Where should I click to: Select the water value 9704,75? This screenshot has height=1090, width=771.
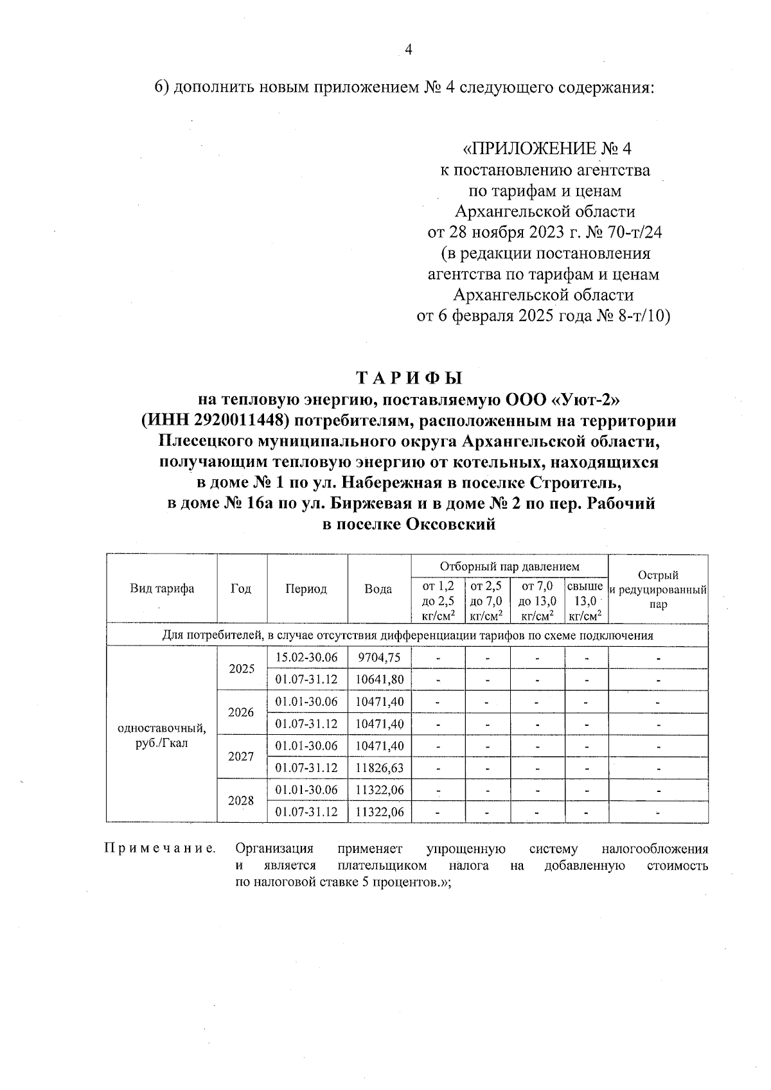379,657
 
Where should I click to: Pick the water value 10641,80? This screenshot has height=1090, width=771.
379,679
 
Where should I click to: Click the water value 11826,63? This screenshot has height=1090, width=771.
379,768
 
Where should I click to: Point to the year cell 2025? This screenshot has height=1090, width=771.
242,668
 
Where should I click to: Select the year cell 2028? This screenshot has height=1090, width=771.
242,801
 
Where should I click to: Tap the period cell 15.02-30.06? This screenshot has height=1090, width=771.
306,657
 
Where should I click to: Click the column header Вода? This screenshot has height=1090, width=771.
378,588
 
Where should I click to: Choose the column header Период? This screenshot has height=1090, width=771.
306,588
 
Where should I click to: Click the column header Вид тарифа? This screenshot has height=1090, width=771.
162,588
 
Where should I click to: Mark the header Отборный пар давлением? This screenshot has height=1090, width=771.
509,567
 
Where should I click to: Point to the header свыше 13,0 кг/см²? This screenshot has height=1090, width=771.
585,601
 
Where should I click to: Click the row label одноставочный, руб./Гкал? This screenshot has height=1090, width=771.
162,735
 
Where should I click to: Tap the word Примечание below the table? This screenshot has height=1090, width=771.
160,848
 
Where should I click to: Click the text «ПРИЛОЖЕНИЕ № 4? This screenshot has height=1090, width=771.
547,149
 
